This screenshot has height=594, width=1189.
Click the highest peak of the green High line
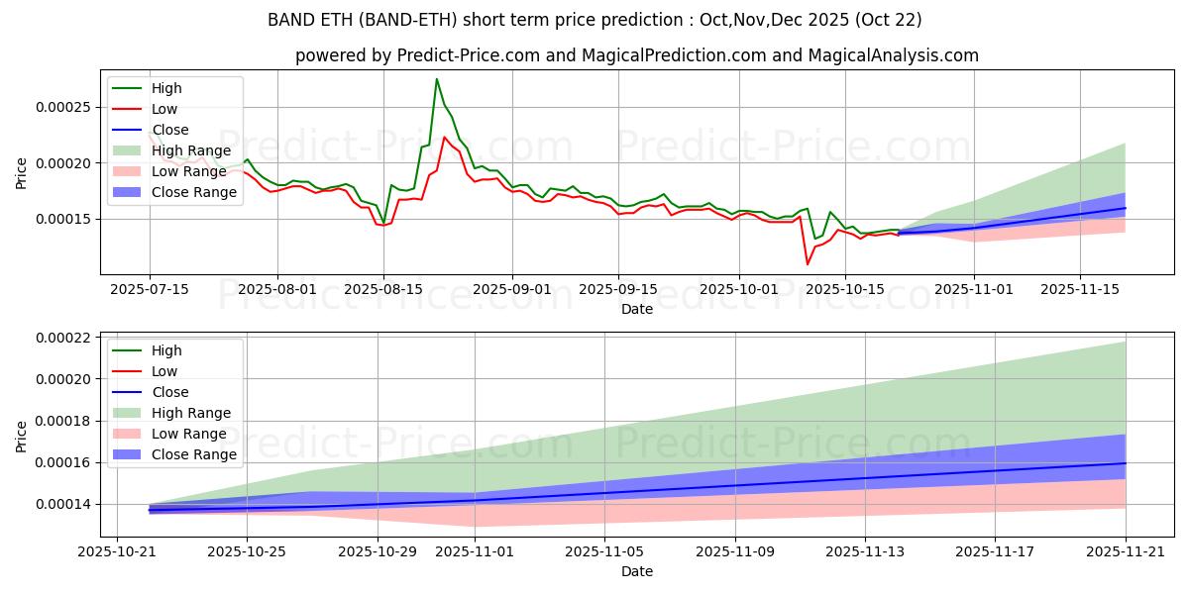point(437,79)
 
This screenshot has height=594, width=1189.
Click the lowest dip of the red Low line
point(807,264)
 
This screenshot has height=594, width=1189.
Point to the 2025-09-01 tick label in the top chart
point(511,289)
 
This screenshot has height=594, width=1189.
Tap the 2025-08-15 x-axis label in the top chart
point(383,289)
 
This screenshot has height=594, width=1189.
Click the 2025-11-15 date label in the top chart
point(1080,289)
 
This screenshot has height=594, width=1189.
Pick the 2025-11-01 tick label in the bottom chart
point(476,551)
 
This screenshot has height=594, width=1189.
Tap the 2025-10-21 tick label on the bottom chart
point(117,551)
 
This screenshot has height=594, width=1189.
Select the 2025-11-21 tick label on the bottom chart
point(1125,551)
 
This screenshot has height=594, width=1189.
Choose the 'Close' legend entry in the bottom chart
point(170,392)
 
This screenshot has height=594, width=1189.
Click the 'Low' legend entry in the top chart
point(165,109)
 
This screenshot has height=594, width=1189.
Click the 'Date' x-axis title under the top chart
point(636,309)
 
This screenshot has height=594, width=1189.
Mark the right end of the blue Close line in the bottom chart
point(1125,463)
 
